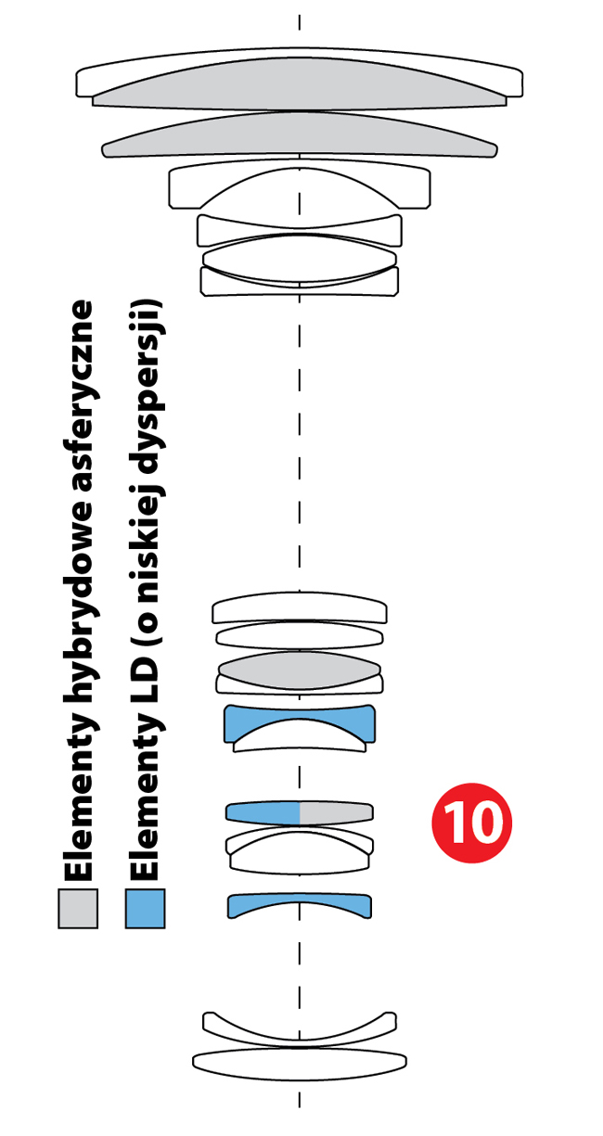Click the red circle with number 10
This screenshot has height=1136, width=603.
click(x=471, y=823)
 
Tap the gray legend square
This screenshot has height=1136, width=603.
click(x=78, y=908)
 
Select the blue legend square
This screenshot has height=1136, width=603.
click(x=145, y=908)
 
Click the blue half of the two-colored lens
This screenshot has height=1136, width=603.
click(x=263, y=813)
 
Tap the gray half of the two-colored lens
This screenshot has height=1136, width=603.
click(x=337, y=813)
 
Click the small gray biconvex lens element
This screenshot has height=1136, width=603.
click(x=300, y=670)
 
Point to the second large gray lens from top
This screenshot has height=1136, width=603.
click(x=300, y=137)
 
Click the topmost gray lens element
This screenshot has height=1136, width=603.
click(x=300, y=87)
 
